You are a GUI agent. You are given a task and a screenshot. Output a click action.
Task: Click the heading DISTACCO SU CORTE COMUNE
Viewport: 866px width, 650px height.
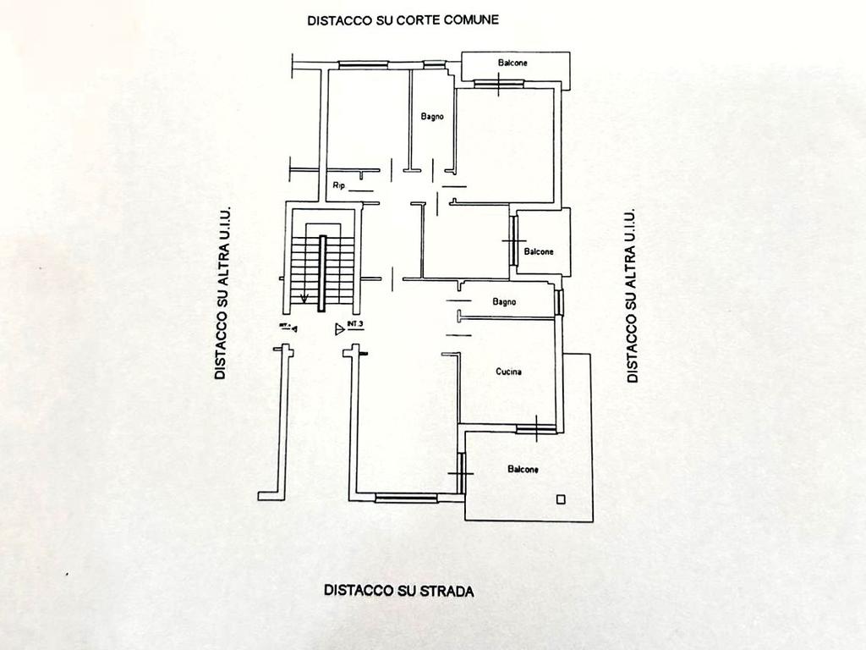pyautogui.click(x=403, y=19)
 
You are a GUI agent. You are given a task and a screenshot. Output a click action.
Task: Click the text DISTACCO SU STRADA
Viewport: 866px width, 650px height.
pyautogui.click(x=398, y=591)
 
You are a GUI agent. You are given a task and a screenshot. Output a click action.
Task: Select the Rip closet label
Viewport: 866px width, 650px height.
pyautogui.click(x=338, y=185)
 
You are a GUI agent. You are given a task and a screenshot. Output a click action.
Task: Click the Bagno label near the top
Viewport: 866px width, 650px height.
pyautogui.click(x=432, y=117)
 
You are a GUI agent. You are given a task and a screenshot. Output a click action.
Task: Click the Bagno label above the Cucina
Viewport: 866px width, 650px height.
pyautogui.click(x=505, y=301)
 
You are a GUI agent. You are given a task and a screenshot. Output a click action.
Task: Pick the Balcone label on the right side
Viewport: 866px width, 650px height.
pyautogui.click(x=539, y=251)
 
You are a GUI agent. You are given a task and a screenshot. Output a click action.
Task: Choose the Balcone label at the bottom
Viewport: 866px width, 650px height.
pyautogui.click(x=523, y=469)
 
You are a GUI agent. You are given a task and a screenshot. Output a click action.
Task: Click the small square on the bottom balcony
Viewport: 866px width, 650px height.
pyautogui.click(x=559, y=499)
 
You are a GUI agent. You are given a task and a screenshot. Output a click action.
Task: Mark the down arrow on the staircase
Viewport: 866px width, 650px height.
pyautogui.click(x=304, y=298)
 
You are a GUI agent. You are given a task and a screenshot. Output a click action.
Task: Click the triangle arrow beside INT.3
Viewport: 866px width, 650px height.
pyautogui.click(x=339, y=328)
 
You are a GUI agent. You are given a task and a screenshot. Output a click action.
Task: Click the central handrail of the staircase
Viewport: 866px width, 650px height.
pyautogui.click(x=322, y=274)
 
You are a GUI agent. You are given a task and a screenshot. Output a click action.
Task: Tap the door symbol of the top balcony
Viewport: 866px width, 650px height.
pyautogui.click(x=499, y=83)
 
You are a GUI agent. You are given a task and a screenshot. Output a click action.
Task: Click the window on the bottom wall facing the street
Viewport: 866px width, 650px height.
pyautogui.click(x=407, y=498)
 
